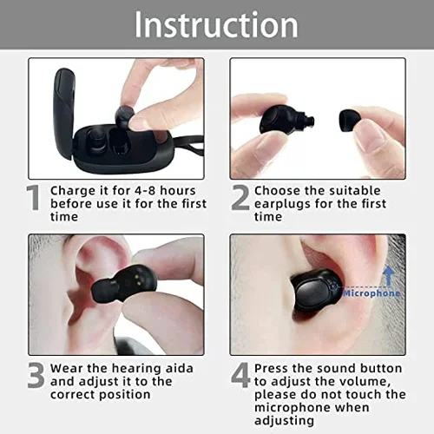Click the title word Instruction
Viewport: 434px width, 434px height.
pyautogui.click(x=216, y=24)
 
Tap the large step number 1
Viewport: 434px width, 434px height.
pyautogui.click(x=34, y=197)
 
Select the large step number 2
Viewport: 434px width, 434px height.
pyautogui.click(x=240, y=197)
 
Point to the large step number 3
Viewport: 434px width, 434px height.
pyautogui.click(x=36, y=375)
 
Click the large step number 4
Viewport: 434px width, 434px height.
pyautogui.click(x=240, y=375)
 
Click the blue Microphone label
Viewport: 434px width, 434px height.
pyautogui.click(x=372, y=293)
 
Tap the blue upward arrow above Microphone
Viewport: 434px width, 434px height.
pyautogui.click(x=390, y=275)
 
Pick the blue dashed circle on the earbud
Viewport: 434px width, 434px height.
pyautogui.click(x=334, y=286)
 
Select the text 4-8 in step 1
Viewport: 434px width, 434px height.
pyautogui.click(x=146, y=191)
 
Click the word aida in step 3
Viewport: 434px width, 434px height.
pyautogui.click(x=179, y=368)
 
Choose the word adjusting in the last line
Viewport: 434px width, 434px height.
pyautogui.click(x=284, y=421)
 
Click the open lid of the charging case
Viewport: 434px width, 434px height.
pyautogui.click(x=64, y=113)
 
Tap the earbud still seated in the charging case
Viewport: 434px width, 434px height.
pyautogui.click(x=96, y=141)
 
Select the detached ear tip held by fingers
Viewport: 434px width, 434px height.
pyautogui.click(x=349, y=121)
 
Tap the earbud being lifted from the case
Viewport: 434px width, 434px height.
pyautogui.click(x=124, y=116)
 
